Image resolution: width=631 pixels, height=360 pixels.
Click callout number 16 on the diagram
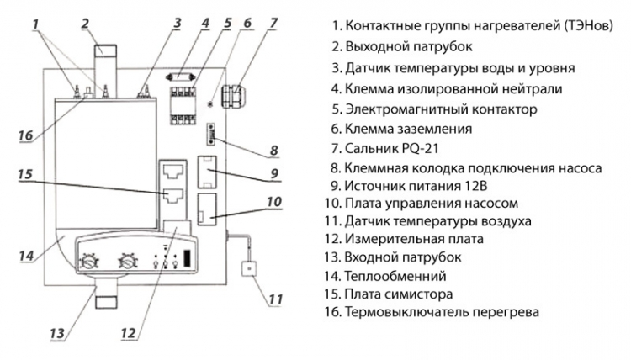coord(26,135)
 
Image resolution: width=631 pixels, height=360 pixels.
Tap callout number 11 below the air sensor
coord(275,299)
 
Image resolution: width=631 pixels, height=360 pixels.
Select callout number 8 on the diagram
coord(274,151)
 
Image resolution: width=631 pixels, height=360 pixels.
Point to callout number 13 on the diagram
coord(57,333)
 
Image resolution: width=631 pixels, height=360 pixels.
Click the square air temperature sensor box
coord(250,268)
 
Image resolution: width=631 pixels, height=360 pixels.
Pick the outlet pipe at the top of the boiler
coord(105,71)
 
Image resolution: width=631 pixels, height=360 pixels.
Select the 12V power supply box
coord(207,172)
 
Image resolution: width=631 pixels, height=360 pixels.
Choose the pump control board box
coord(207,209)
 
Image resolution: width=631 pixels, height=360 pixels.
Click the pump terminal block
coord(210,134)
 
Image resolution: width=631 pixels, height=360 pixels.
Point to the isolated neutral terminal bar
coord(181,77)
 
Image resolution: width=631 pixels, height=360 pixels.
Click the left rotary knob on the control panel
coord(89,262)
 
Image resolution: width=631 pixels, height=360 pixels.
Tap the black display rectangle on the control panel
coord(187,258)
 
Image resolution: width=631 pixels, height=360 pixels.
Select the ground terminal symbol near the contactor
coord(209,104)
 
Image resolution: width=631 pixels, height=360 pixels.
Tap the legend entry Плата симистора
coord(399,294)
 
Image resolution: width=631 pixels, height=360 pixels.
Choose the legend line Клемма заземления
coord(408,130)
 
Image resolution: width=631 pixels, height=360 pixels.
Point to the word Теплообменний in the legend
coord(395,277)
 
